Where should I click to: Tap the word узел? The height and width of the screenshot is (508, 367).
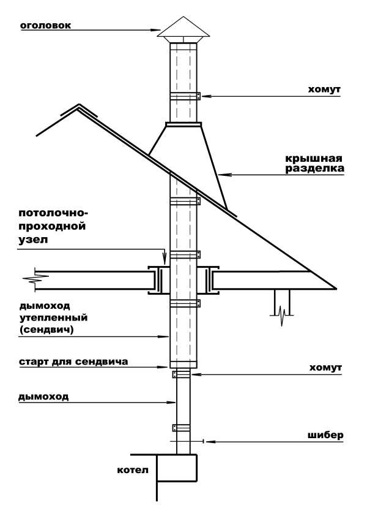[x=33, y=240]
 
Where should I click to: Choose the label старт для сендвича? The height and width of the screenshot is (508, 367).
[x=73, y=362]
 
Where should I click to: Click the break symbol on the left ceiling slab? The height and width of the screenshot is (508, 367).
[x=30, y=279]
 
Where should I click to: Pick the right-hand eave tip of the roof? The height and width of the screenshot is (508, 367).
[x=336, y=287]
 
